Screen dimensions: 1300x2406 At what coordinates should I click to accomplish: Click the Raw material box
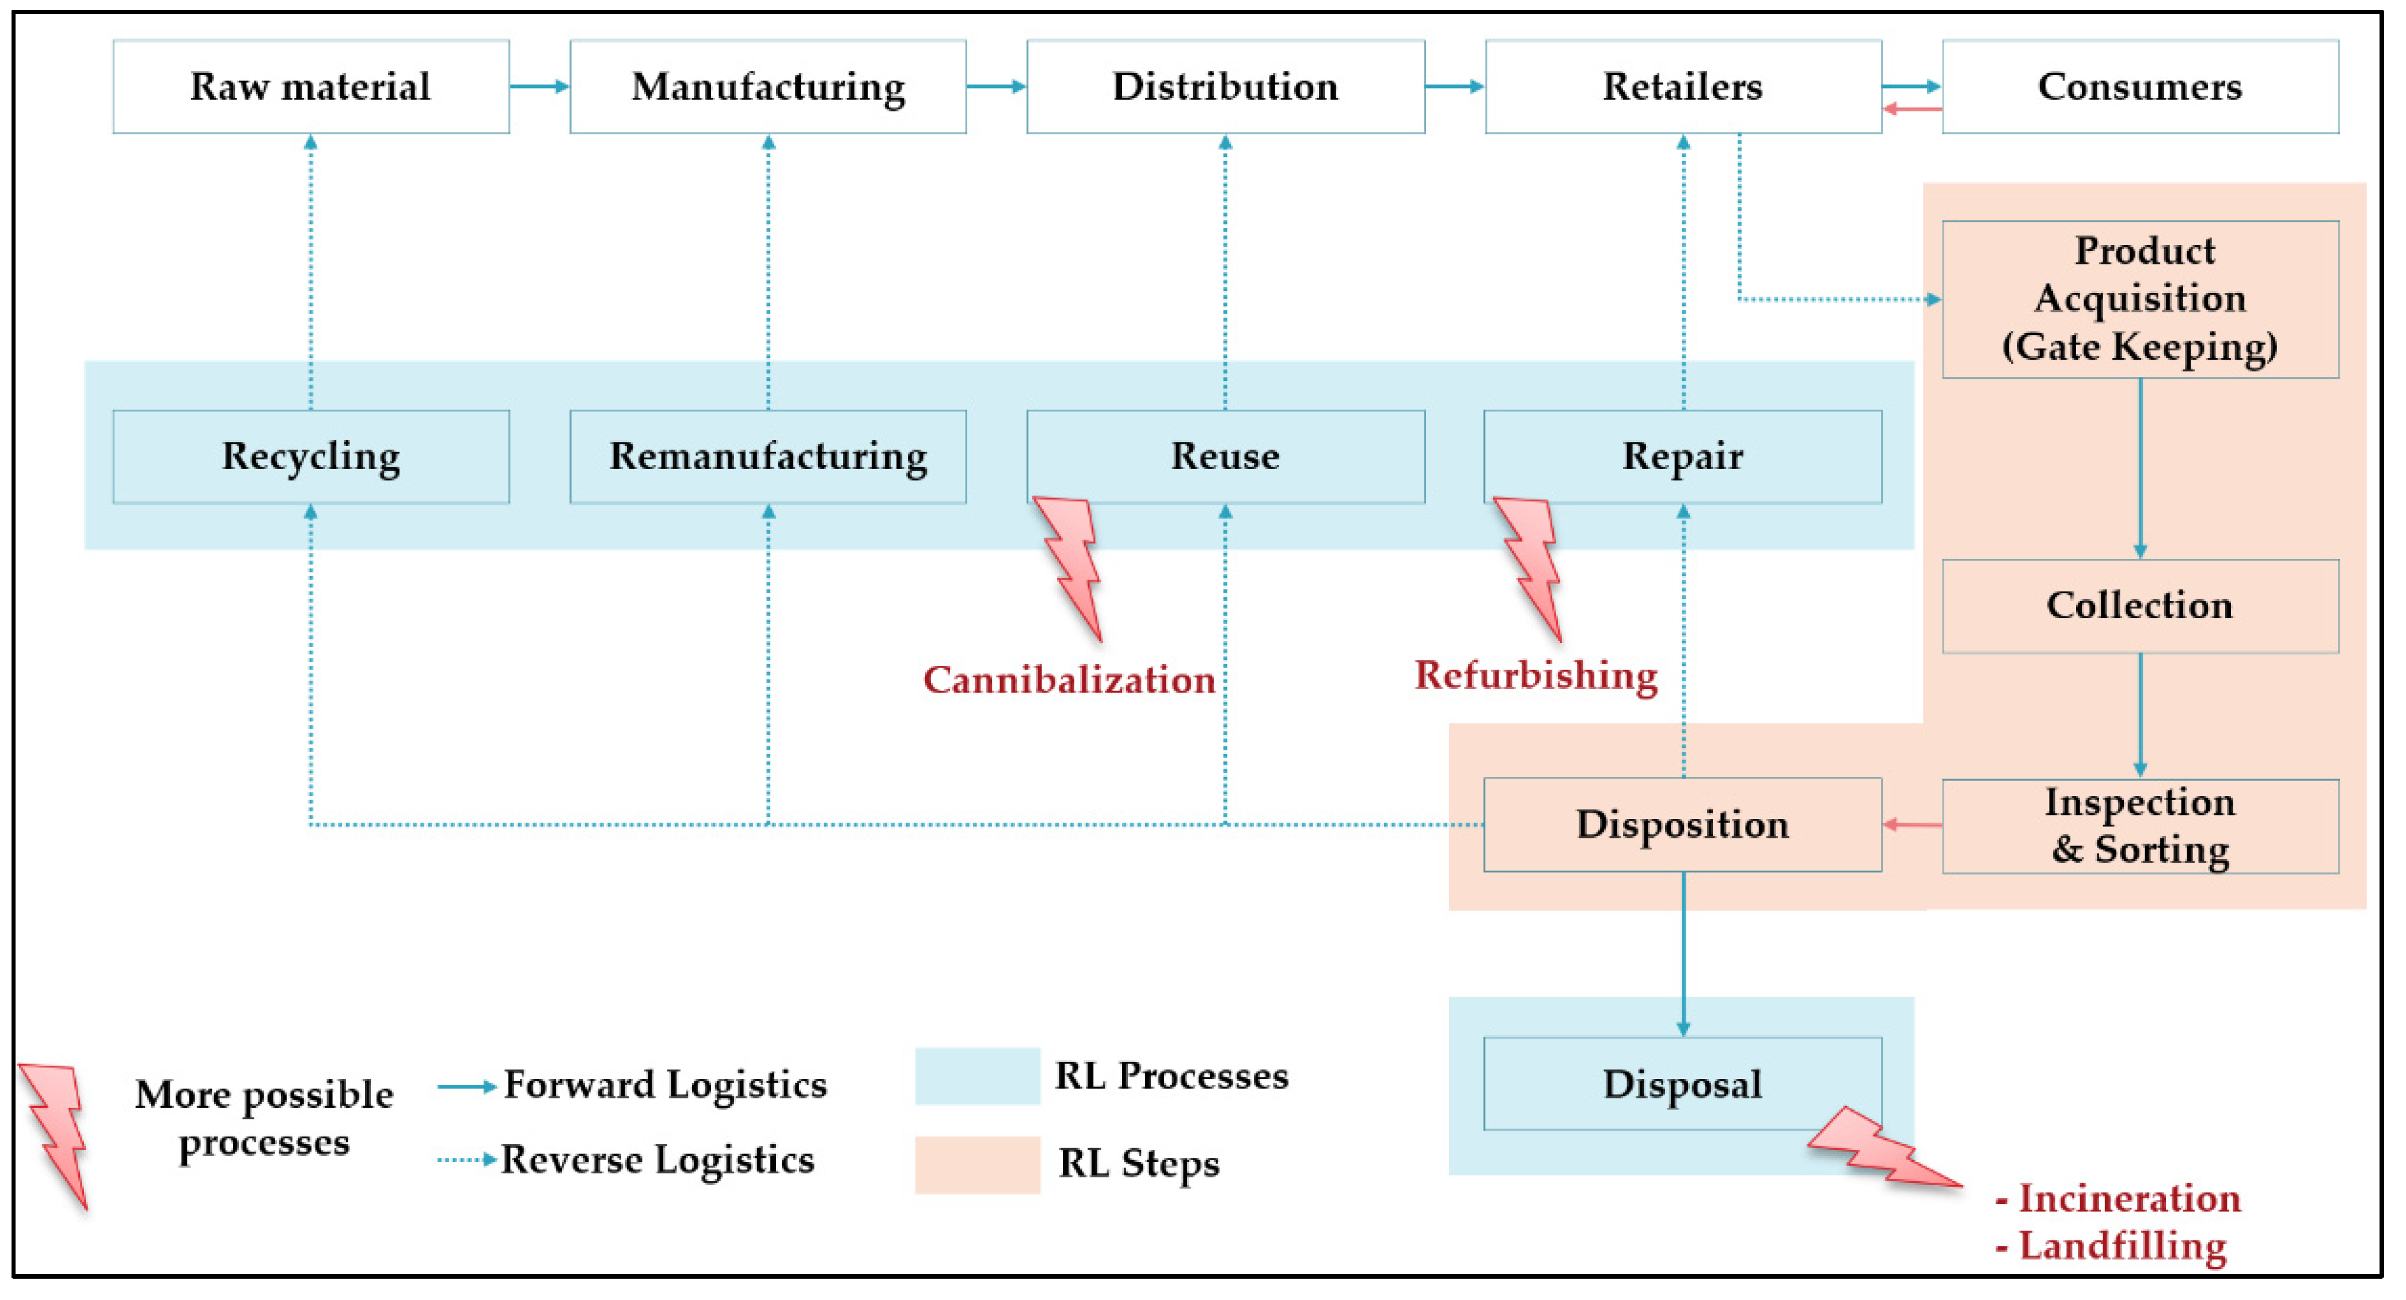[311, 87]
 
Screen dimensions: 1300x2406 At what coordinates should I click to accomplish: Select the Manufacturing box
[768, 87]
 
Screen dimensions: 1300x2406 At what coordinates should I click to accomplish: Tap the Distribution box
[1225, 87]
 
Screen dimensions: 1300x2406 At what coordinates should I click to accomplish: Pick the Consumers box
[2140, 87]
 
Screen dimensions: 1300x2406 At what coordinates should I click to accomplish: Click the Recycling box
[311, 457]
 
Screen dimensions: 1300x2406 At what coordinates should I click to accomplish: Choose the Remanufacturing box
[768, 457]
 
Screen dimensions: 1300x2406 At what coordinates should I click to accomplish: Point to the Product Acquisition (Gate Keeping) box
[2140, 299]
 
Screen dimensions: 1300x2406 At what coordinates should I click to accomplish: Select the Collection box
[2140, 606]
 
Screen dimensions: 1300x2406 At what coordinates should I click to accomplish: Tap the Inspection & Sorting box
[2140, 826]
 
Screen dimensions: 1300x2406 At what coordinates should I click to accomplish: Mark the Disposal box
[1682, 1084]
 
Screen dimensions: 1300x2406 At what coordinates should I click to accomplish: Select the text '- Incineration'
[2118, 1198]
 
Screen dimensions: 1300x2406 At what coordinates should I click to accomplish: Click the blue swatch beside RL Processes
[977, 1076]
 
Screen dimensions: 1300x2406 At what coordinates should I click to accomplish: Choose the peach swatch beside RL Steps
[977, 1165]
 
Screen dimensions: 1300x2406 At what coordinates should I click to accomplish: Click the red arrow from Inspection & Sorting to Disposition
[1912, 825]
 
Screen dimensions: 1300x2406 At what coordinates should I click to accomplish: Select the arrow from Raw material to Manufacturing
[539, 87]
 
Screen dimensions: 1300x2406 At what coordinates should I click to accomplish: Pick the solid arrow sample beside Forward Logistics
[466, 1086]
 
